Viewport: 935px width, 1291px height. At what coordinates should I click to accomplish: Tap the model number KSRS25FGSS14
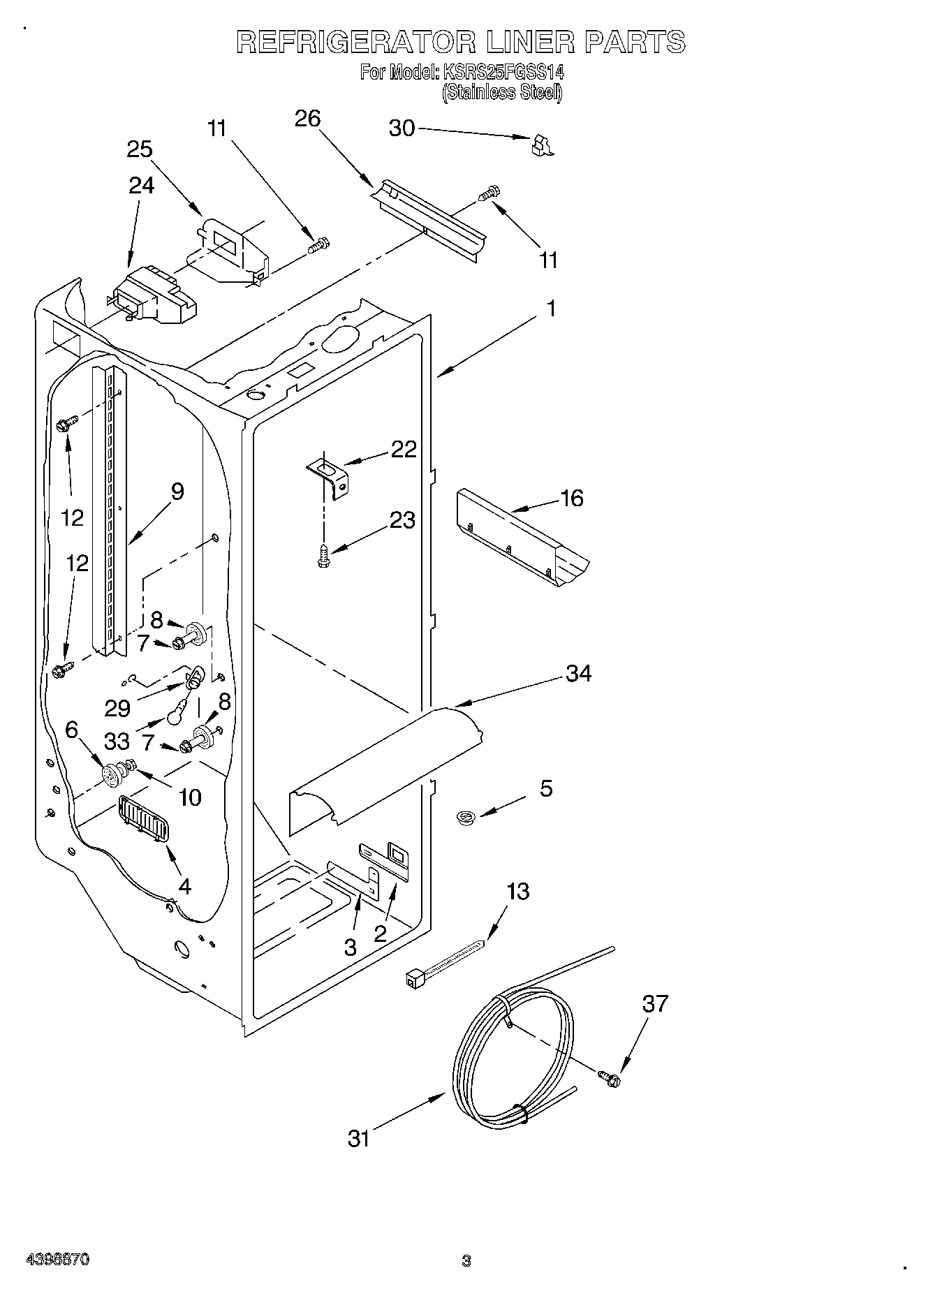pos(501,72)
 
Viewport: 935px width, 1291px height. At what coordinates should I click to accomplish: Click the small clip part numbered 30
pos(541,145)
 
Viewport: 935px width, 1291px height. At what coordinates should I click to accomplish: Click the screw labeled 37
pos(610,1078)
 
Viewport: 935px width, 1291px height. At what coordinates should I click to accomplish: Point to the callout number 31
pos(358,1139)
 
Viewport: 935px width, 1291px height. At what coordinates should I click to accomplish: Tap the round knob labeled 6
pos(111,774)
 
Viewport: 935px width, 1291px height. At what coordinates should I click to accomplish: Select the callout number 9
pos(177,492)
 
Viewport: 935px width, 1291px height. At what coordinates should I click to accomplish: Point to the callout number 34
pos(579,673)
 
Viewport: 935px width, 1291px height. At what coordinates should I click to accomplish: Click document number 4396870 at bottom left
pos(57,1260)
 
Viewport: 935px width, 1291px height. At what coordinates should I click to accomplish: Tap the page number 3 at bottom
pos(466,1261)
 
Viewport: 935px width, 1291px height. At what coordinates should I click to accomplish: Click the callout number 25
pos(140,149)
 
